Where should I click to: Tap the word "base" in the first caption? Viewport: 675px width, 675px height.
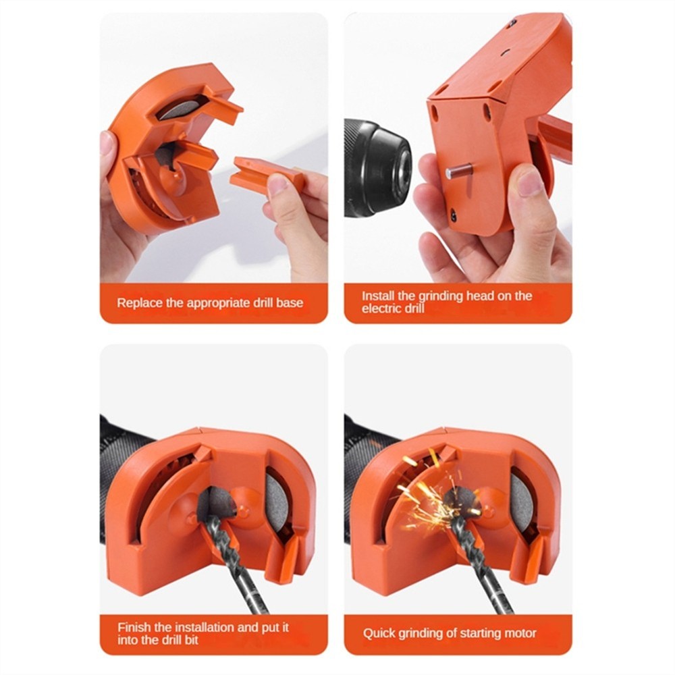[x=290, y=303]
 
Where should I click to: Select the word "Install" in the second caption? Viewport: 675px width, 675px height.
[x=379, y=296]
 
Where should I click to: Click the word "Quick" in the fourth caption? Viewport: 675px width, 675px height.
[x=380, y=633]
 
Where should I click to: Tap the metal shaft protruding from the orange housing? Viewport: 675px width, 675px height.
[x=458, y=172]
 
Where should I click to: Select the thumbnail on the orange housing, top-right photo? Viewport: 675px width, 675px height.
[x=529, y=182]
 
